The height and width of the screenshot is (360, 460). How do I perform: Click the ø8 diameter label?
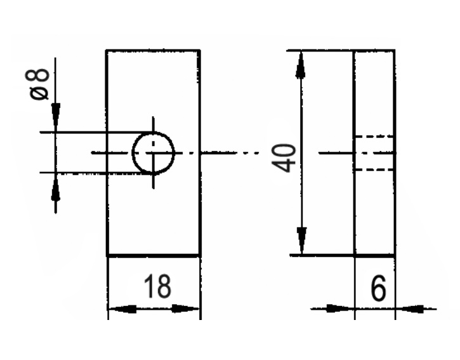pyautogui.click(x=40, y=83)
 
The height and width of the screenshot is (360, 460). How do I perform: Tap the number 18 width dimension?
pyautogui.click(x=156, y=287)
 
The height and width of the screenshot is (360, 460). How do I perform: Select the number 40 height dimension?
pyautogui.click(x=286, y=157)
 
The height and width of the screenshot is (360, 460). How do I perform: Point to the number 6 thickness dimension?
pyautogui.click(x=378, y=290)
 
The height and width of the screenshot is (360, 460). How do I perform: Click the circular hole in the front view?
pyautogui.click(x=153, y=153)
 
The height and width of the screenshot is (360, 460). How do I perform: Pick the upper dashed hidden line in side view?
pyautogui.click(x=374, y=137)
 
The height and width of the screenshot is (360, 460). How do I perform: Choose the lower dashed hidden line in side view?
pyautogui.click(x=374, y=169)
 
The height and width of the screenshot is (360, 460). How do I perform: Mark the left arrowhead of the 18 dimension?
pyautogui.click(x=121, y=309)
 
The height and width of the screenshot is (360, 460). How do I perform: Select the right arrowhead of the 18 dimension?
pyautogui.click(x=187, y=309)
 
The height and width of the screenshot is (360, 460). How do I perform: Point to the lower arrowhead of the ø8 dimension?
pyautogui.click(x=56, y=187)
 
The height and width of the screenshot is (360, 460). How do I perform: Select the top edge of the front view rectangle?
pyautogui.click(x=153, y=50)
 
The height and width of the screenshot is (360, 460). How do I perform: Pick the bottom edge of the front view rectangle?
pyautogui.click(x=153, y=256)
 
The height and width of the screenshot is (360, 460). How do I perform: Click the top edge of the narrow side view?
pyautogui.click(x=374, y=50)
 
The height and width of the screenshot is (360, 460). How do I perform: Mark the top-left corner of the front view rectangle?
pyautogui.click(x=107, y=50)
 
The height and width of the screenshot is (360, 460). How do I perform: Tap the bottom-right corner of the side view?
pyautogui.click(x=394, y=256)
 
